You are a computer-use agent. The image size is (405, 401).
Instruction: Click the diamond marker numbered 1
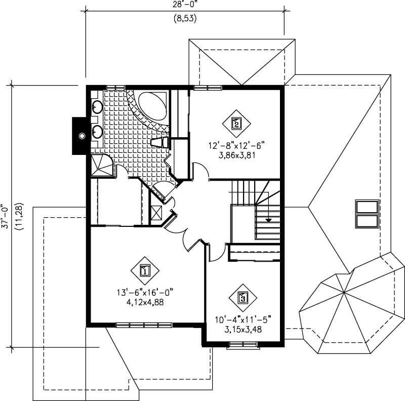click(145, 270)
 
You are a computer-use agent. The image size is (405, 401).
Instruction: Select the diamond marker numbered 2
click(236, 122)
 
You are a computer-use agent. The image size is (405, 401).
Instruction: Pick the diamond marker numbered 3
click(242, 297)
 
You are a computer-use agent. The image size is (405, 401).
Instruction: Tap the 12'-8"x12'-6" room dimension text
click(236, 146)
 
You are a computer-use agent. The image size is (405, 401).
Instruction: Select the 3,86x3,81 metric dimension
click(236, 155)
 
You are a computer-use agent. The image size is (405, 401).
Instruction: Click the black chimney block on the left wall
click(80, 136)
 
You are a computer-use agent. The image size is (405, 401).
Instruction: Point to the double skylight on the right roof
click(367, 213)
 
